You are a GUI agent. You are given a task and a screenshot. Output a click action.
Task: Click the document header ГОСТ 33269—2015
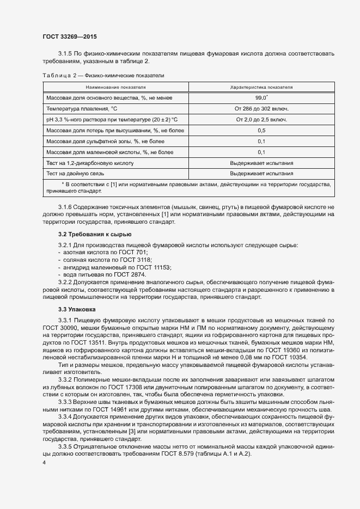(70, 36)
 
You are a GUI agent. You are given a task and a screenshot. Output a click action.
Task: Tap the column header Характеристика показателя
(261, 87)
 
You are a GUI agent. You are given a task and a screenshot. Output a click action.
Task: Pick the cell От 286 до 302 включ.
(261, 108)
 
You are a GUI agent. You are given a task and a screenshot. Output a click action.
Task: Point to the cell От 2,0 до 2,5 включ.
(261, 119)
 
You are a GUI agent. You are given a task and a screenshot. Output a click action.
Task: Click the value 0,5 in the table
(261, 131)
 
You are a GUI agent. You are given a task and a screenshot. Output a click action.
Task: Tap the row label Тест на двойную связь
(75, 174)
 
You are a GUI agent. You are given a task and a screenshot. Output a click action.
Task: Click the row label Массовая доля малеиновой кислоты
(110, 152)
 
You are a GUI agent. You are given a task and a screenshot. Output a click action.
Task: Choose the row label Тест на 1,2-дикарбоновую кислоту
(90, 163)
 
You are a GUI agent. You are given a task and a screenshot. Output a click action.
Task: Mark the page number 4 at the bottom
(44, 462)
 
